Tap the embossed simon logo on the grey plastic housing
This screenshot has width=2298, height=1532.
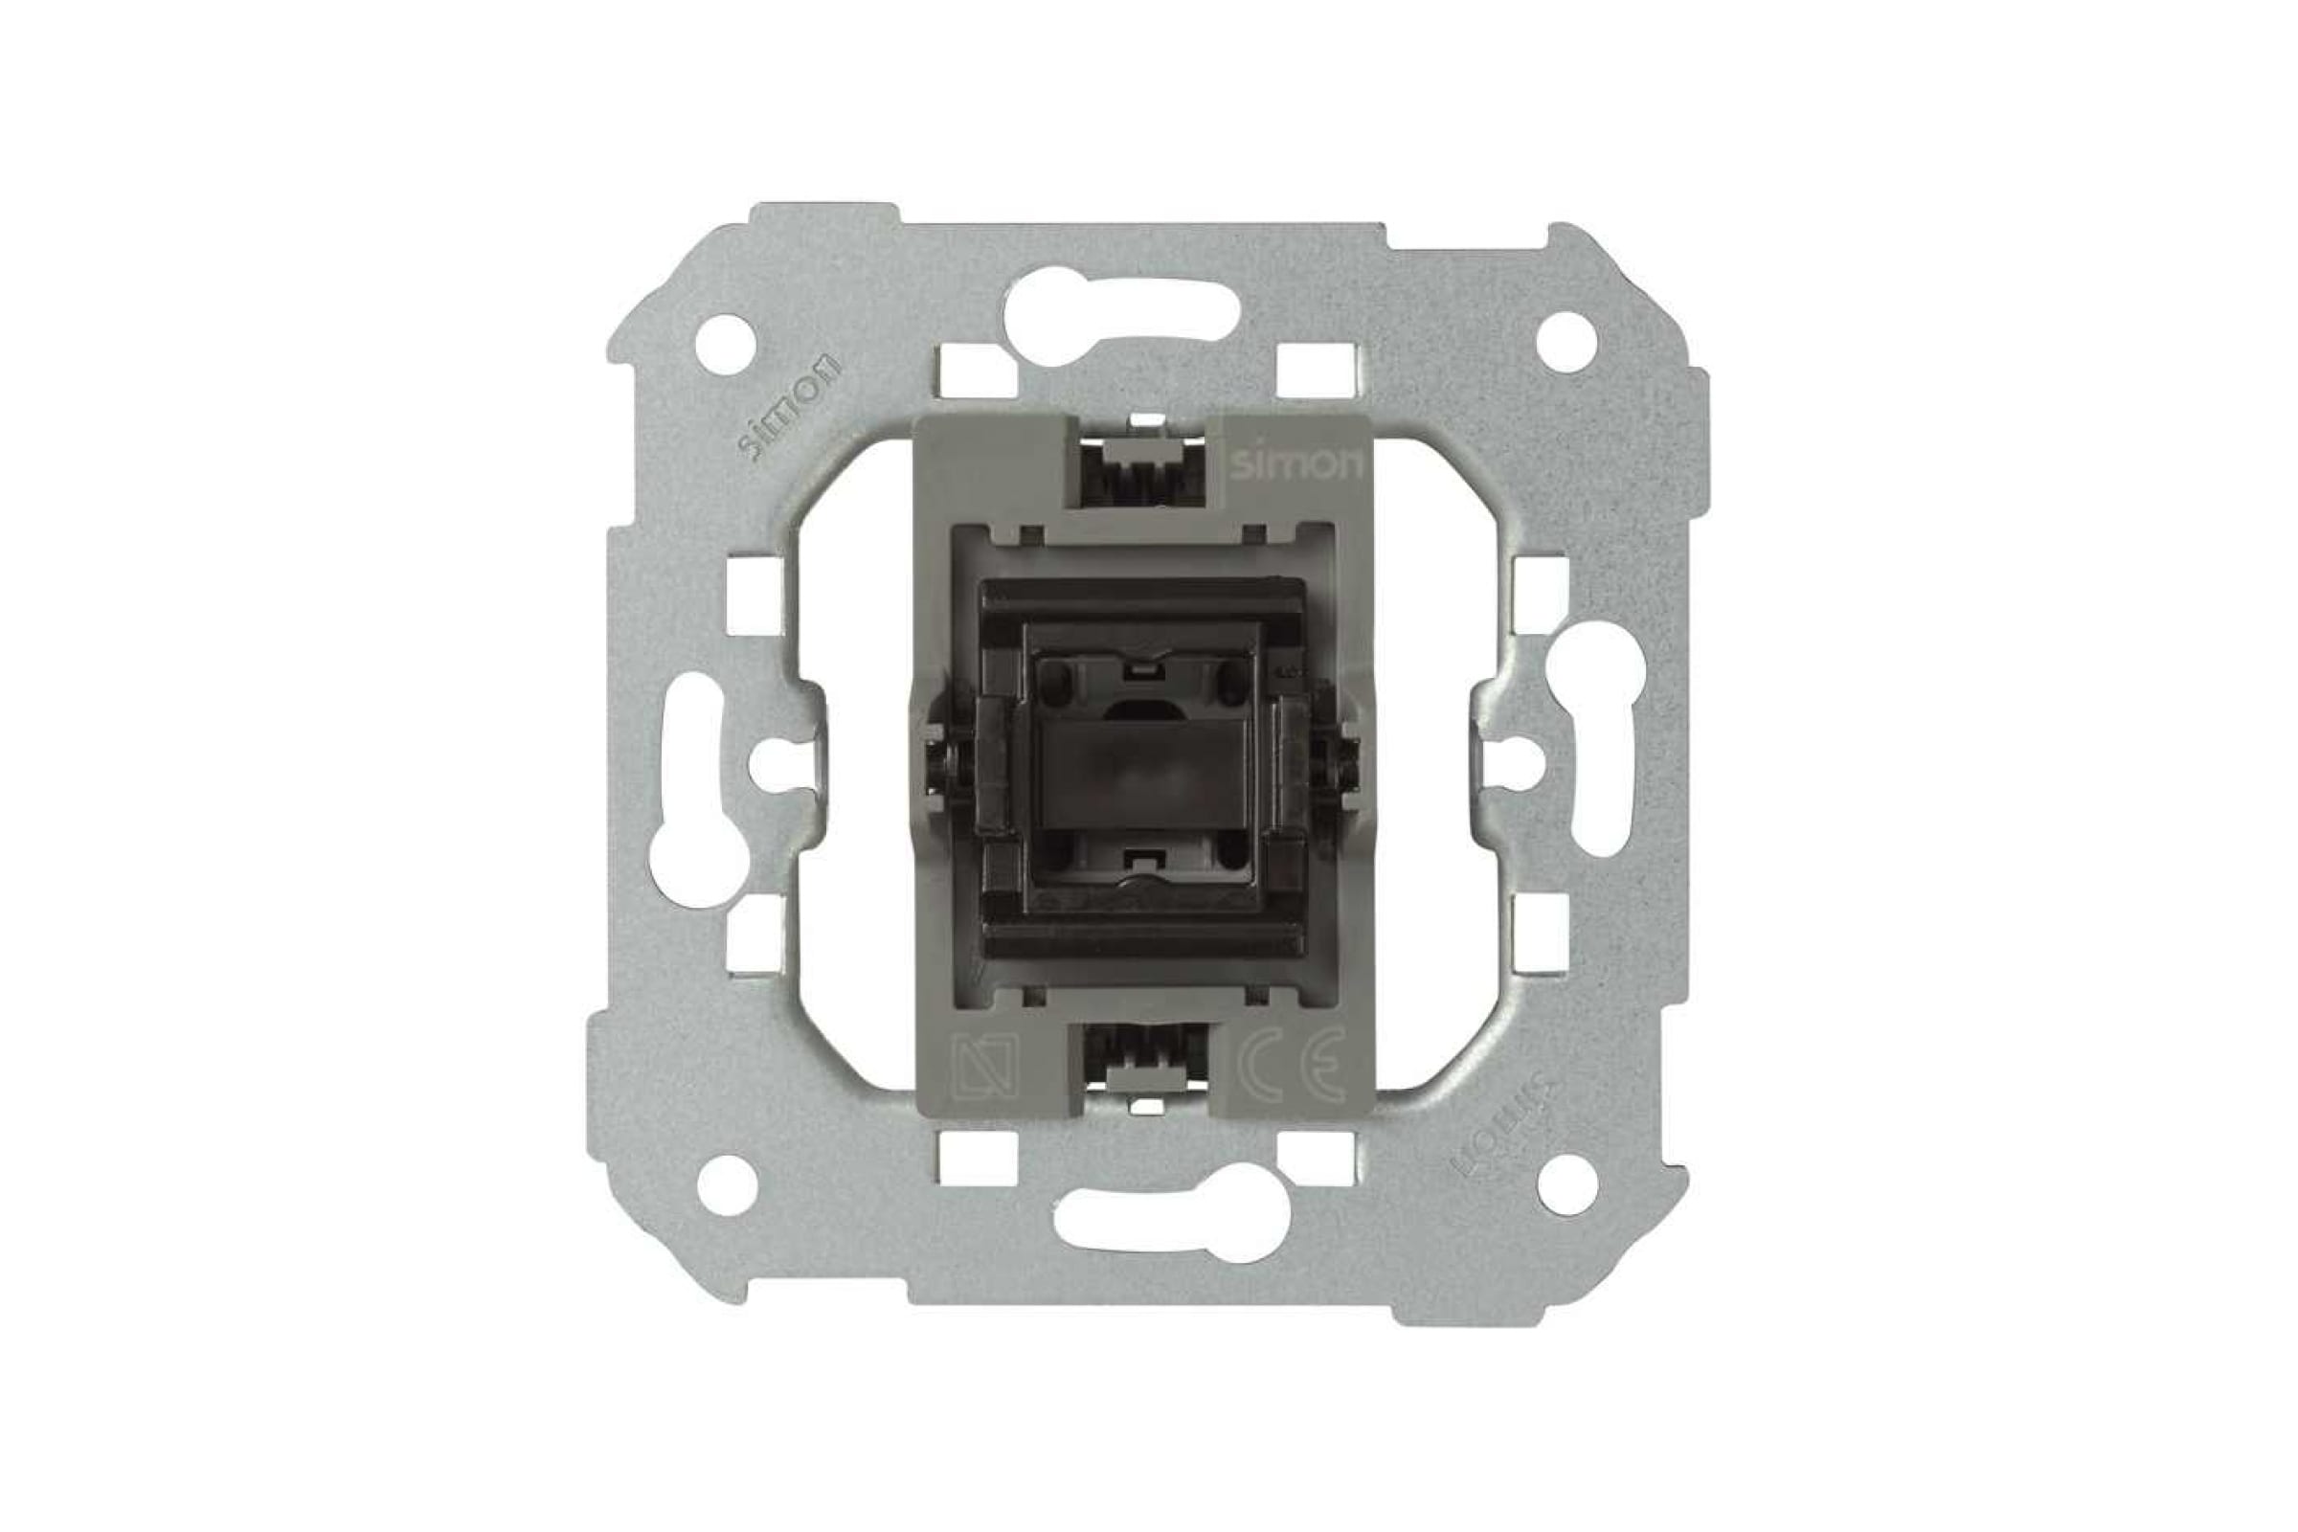point(1294,465)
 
